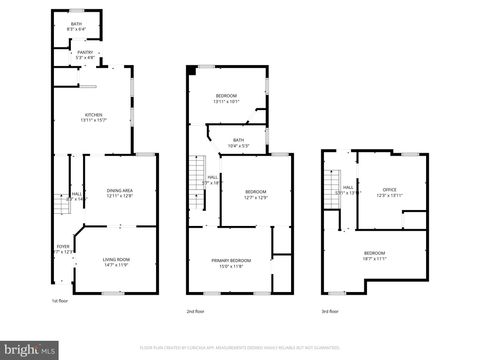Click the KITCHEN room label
click(x=93, y=115)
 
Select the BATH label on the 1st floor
click(x=76, y=24)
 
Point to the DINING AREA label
click(x=120, y=190)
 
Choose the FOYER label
click(x=62, y=246)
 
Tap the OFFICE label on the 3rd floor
click(x=390, y=189)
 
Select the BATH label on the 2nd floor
click(x=239, y=140)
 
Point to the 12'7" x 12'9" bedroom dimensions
click(x=256, y=197)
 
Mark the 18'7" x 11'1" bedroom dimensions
click(x=375, y=258)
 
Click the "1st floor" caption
click(x=61, y=299)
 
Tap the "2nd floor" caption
click(x=197, y=312)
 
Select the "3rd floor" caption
click(x=331, y=312)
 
